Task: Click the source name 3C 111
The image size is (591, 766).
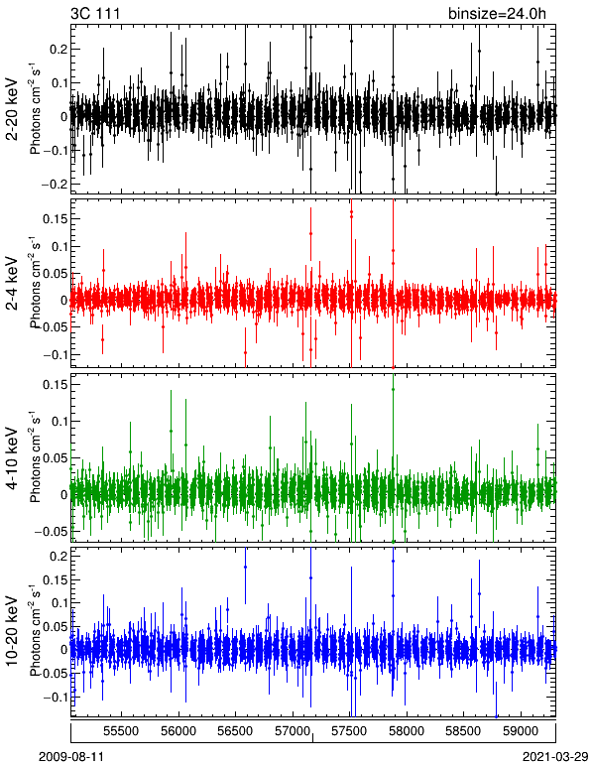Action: click(95, 13)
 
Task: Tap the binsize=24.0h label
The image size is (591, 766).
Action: click(497, 14)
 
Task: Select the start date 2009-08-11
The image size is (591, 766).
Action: click(71, 757)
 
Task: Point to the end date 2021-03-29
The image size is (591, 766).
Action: click(555, 757)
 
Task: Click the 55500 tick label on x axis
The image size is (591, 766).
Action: click(122, 731)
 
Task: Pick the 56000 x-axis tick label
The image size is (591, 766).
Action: click(178, 731)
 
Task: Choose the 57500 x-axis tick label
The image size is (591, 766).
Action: click(349, 731)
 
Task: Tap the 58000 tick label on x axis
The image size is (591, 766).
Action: click(406, 731)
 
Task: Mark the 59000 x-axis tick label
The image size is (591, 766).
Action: click(520, 731)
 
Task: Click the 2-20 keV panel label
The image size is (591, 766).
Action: click(12, 110)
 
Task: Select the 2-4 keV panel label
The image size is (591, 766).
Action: click(12, 285)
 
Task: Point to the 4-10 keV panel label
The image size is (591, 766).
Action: click(12, 458)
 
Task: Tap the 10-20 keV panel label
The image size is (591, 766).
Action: click(12, 631)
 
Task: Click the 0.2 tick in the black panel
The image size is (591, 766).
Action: click(59, 50)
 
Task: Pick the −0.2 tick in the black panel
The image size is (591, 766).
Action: click(56, 185)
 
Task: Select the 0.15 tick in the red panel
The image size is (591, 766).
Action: click(56, 219)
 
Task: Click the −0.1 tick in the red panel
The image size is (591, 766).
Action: click(56, 354)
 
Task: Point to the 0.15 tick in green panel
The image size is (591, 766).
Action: click(56, 384)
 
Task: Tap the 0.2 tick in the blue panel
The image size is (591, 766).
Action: click(59, 556)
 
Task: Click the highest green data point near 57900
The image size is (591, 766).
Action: click(393, 389)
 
